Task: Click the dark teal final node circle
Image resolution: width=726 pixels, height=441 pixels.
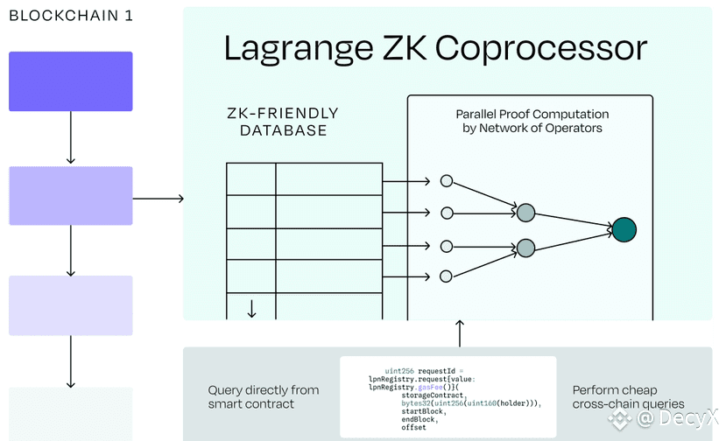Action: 624,229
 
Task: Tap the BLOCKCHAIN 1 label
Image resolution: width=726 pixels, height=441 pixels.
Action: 71,16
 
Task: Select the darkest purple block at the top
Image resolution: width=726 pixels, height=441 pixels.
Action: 71,81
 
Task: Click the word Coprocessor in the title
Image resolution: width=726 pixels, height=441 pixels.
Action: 541,49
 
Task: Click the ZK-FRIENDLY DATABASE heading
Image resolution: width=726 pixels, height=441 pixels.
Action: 283,122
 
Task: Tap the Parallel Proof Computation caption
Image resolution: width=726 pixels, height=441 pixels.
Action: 532,121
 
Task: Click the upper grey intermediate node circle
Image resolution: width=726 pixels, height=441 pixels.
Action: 525,213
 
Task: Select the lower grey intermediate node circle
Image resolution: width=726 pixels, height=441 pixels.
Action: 525,248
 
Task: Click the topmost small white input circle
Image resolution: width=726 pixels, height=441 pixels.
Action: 447,181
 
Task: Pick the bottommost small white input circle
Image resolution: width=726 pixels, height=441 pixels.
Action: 446,276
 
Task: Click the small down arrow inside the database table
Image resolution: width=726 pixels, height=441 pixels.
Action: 251,309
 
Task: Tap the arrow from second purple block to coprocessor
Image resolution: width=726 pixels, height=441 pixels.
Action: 159,199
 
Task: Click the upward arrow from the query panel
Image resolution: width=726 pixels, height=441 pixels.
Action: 460,333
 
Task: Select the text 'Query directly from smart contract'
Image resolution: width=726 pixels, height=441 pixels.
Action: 264,397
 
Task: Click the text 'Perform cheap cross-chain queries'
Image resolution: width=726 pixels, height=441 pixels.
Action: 628,397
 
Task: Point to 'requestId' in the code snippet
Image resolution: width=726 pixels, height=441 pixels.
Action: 436,371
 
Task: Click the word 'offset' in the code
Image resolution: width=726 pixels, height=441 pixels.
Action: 413,428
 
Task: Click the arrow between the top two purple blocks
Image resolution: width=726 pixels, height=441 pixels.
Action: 71,137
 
